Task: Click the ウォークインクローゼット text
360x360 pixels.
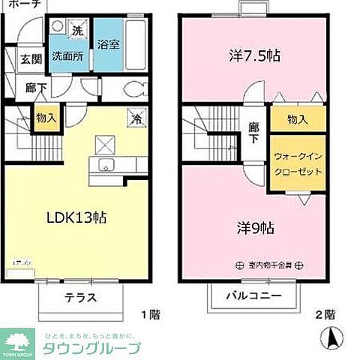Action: tap(298, 163)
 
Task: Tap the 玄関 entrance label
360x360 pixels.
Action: tap(31, 59)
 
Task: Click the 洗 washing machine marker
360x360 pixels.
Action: tap(76, 31)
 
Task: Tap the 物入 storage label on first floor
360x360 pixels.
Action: tap(45, 118)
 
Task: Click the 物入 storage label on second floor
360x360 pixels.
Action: tap(297, 118)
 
